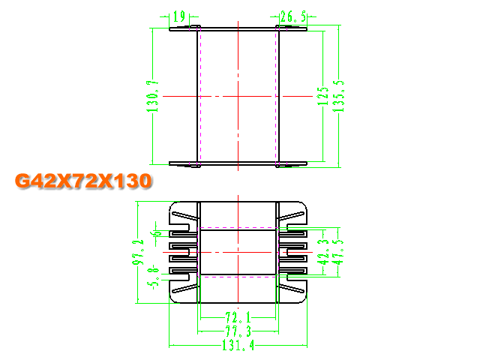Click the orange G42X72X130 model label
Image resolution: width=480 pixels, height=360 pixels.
point(83,181)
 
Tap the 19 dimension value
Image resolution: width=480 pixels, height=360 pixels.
point(179,16)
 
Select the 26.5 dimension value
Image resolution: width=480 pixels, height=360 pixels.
point(293,16)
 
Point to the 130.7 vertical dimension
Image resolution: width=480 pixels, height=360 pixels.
point(152,96)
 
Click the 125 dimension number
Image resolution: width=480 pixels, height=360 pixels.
point(323,96)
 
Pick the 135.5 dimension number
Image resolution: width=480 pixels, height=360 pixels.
point(338,96)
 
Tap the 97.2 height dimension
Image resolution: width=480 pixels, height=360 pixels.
point(138,252)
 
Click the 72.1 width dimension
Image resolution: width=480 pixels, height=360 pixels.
point(238,317)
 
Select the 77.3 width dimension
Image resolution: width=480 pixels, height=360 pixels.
point(238,331)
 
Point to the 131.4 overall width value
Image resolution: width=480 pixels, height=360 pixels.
point(238,345)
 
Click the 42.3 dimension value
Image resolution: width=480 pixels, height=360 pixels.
point(323,252)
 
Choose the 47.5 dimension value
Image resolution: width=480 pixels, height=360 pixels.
point(338,252)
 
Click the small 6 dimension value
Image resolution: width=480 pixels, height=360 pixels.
point(157,233)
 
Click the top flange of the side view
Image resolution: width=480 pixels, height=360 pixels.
point(238,28)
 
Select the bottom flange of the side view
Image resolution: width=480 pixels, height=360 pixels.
point(238,163)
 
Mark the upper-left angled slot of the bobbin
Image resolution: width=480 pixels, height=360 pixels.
point(185,216)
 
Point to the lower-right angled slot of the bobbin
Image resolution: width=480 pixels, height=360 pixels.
point(291,289)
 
